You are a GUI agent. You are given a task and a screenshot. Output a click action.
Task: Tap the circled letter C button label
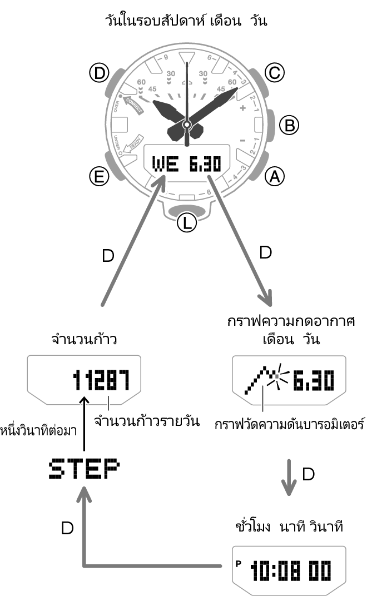click(273, 72)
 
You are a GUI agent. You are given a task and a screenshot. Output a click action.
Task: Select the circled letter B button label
click(287, 125)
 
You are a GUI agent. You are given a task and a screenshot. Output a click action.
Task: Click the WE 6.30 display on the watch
click(186, 163)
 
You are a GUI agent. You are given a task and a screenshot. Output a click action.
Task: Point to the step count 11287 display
click(101, 381)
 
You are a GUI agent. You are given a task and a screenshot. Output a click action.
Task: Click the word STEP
click(84, 469)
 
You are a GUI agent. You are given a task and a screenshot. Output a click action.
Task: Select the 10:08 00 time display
click(290, 570)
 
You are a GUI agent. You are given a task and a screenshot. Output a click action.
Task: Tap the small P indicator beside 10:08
click(239, 563)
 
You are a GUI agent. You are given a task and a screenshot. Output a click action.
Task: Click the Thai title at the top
click(186, 22)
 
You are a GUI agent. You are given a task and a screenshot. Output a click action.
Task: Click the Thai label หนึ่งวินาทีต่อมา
click(38, 429)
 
